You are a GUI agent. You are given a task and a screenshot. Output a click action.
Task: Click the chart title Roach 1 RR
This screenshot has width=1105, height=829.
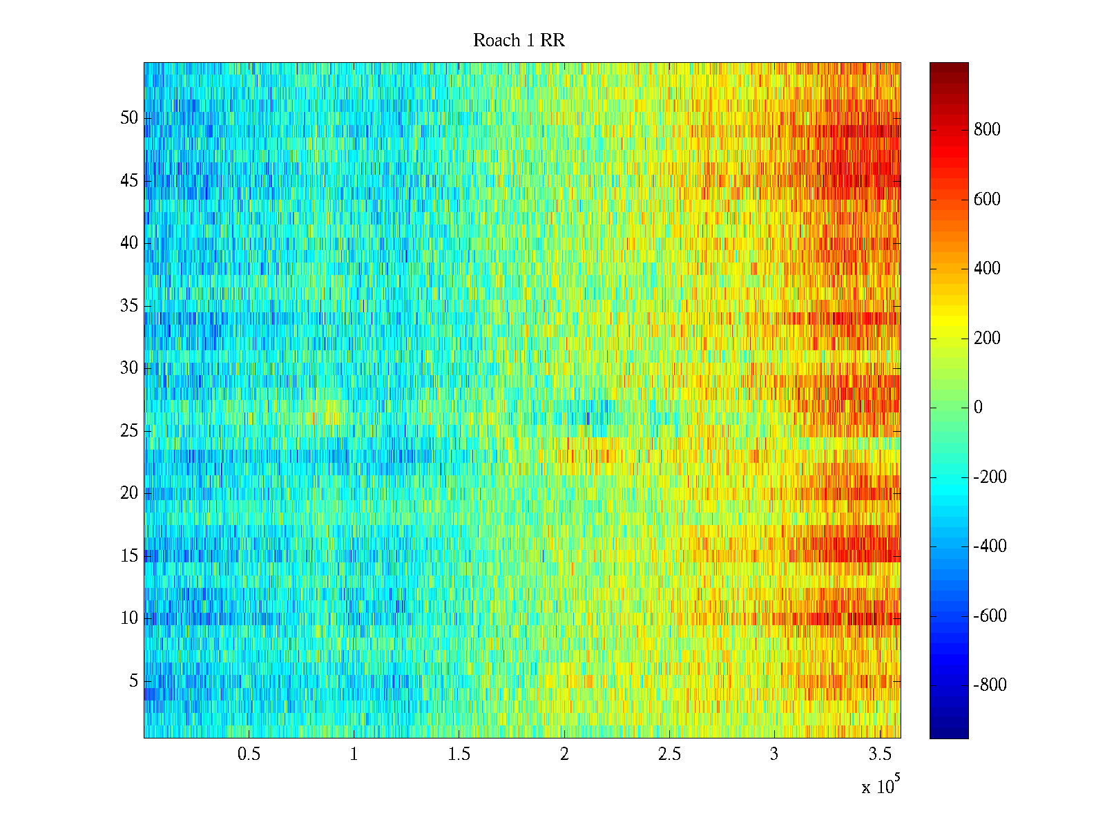[x=519, y=41]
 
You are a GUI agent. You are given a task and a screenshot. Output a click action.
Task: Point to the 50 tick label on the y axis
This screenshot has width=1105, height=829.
[x=129, y=118]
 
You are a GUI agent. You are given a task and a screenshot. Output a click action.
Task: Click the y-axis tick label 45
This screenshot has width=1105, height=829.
[x=129, y=181]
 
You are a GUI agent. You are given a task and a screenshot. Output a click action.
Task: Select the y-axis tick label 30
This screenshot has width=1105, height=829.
[x=129, y=368]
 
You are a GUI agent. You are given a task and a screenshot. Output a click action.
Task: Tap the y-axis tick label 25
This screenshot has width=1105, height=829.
[x=129, y=431]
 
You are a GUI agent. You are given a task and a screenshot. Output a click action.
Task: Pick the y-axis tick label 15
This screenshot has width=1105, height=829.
[x=129, y=556]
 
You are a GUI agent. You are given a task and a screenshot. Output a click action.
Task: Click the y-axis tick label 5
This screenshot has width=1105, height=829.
[x=133, y=681]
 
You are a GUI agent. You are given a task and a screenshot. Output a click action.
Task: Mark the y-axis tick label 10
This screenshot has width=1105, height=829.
[x=129, y=618]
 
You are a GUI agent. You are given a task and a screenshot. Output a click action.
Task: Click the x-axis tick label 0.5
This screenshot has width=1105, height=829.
[x=249, y=754]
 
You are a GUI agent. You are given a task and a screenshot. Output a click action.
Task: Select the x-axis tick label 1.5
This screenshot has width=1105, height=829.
[x=459, y=754]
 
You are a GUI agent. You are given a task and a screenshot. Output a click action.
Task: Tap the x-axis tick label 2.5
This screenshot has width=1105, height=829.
[x=669, y=754]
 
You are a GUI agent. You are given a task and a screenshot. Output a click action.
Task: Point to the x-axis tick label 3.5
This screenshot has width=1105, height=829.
[x=879, y=754]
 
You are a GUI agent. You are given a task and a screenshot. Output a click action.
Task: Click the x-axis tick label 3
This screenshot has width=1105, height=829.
[x=774, y=754]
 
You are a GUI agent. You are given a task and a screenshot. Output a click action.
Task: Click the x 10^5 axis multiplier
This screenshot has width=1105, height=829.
[x=880, y=785]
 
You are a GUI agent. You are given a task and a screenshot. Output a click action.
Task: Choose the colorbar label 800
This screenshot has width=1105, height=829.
[x=987, y=130]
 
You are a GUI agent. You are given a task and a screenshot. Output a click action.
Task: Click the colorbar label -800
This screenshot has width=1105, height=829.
[x=990, y=685]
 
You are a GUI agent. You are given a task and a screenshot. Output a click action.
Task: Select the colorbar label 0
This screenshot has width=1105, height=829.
[x=978, y=408]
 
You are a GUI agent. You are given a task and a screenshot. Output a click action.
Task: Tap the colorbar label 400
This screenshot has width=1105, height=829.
[x=987, y=269]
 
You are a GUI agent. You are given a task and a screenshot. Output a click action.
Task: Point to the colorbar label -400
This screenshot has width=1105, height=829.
[x=990, y=546]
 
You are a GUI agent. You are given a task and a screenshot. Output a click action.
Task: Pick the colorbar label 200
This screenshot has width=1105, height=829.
[x=987, y=339]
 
